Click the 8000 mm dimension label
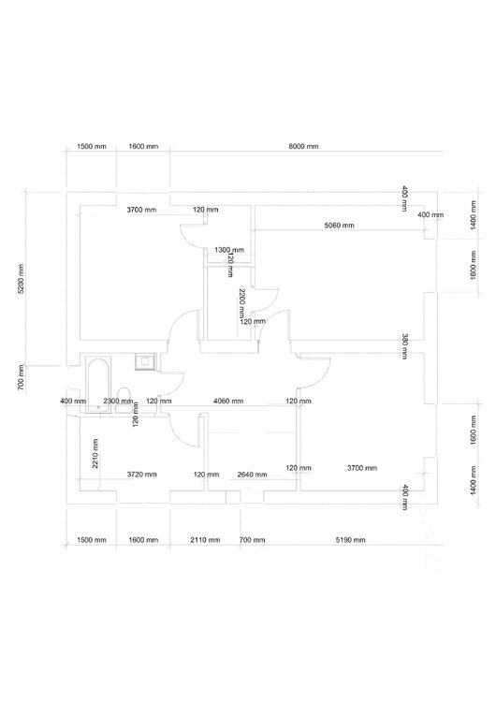pos(304,148)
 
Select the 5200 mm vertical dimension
pos(22,277)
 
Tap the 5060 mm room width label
pos(339,226)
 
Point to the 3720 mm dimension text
pos(141,475)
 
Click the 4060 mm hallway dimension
pos(228,401)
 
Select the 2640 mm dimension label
pos(251,475)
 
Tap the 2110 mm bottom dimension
pos(205,541)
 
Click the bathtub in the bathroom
pos(97,384)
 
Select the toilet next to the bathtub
pos(124,397)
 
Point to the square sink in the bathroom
pos(145,360)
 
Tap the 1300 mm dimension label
pos(229,250)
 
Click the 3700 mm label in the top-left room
pos(141,210)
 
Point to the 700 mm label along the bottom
pos(252,541)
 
